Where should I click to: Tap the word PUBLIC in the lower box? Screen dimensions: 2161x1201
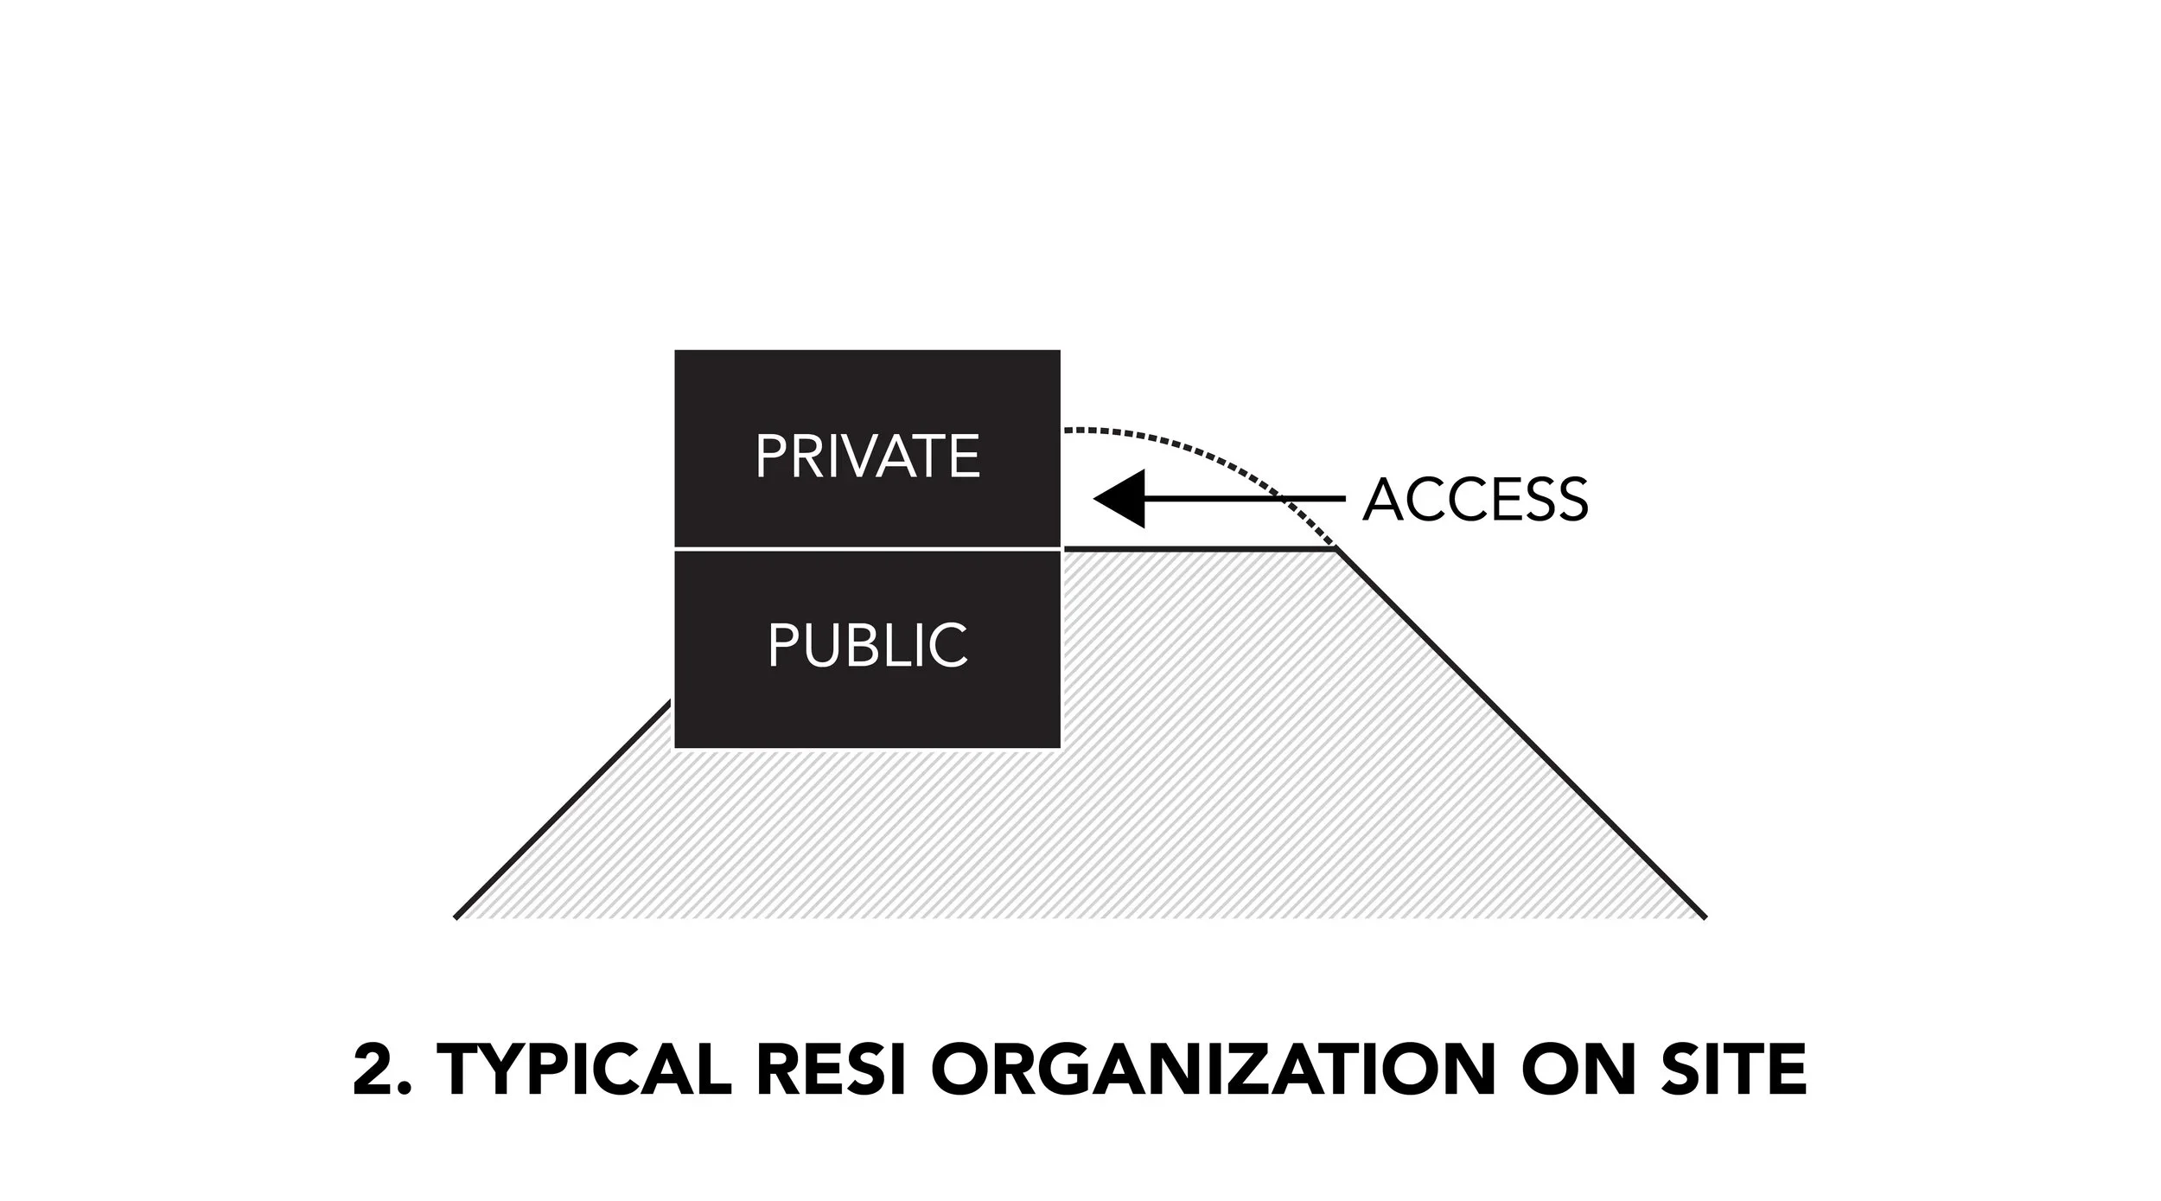pos(868,645)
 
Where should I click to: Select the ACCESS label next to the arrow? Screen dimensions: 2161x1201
pos(1476,500)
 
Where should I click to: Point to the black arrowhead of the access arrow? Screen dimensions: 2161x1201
pos(1119,499)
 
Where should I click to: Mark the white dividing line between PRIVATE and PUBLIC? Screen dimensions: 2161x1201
pos(867,548)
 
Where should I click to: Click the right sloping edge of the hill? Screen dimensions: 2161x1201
pos(1521,733)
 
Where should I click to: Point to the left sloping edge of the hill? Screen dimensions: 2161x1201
pos(564,810)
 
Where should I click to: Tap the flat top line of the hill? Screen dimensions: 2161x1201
pos(1200,548)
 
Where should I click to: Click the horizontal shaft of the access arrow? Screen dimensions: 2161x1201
pos(1245,499)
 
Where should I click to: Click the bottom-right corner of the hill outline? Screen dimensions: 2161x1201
pos(1705,917)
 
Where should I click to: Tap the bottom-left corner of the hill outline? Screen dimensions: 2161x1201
pos(456,917)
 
